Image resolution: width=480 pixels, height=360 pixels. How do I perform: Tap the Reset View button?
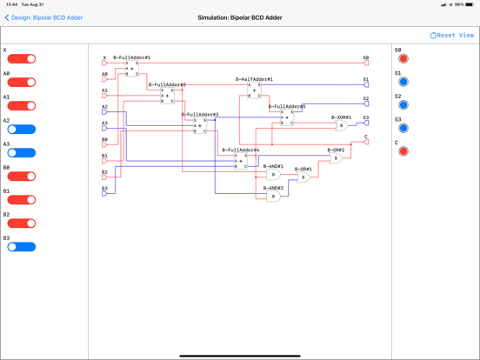tap(452, 36)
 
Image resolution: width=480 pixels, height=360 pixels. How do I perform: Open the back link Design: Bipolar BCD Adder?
tap(44, 17)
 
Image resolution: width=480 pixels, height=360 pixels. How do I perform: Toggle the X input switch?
tap(22, 59)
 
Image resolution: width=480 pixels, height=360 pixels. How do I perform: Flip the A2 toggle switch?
tap(22, 130)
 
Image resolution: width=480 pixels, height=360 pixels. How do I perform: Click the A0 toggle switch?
tap(22, 83)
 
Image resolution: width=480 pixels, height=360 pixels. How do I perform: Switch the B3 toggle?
tap(22, 247)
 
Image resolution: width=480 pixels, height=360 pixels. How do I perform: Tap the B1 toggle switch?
tap(22, 200)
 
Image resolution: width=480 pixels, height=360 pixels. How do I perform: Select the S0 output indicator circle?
tap(403, 59)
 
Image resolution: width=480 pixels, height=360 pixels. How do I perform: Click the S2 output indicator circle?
tap(403, 105)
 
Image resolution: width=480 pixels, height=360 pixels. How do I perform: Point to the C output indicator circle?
tap(403, 151)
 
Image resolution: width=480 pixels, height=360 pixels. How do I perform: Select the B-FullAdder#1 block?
tap(131, 69)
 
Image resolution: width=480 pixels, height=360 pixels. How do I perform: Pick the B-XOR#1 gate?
tap(342, 125)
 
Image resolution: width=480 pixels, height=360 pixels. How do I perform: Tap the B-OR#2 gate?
tap(336, 158)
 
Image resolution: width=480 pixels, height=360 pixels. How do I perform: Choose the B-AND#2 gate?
tap(273, 197)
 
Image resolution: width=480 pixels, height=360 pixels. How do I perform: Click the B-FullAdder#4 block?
tap(241, 161)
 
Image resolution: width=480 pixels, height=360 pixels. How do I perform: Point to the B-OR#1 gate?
tap(303, 177)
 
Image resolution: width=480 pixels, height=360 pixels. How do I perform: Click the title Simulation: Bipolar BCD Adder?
tap(240, 17)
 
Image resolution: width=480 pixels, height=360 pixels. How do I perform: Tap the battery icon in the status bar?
tap(470, 4)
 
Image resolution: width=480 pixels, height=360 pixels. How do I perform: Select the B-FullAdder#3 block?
tap(200, 126)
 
